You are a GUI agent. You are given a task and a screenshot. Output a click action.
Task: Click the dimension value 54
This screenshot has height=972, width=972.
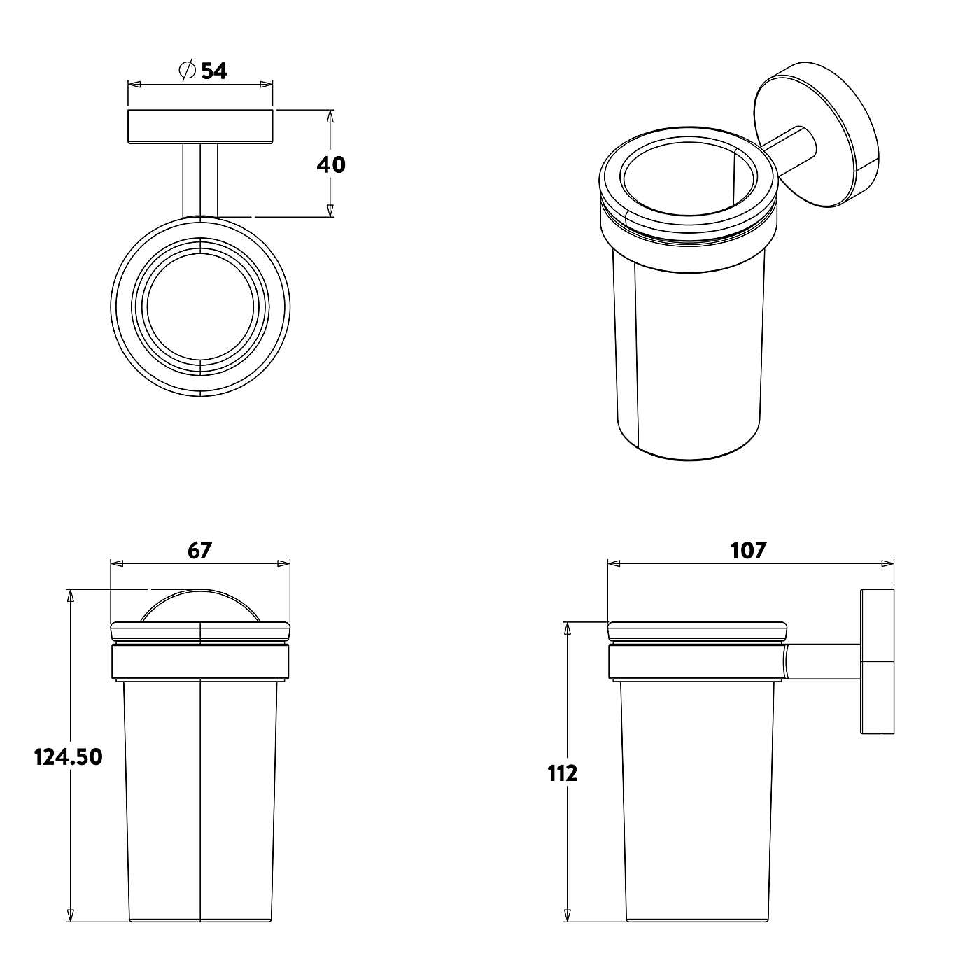point(214,71)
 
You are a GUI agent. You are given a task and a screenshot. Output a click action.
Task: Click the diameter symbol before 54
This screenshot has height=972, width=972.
point(186,71)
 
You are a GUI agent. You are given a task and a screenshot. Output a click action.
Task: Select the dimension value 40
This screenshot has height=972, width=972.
point(331,164)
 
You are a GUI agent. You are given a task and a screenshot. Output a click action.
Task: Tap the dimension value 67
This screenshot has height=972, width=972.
point(199,551)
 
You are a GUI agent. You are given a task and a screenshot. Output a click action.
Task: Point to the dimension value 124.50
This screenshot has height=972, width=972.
point(69,756)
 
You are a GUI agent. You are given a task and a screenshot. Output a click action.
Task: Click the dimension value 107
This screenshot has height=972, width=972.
point(749,551)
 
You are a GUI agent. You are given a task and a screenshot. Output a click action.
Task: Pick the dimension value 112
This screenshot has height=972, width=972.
point(563,773)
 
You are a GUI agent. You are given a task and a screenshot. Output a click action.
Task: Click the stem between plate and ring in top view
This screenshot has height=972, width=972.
point(200,181)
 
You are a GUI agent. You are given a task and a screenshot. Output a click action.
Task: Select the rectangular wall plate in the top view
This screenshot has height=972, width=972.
point(200,127)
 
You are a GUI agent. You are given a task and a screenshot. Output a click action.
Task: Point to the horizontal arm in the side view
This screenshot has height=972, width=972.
point(822,662)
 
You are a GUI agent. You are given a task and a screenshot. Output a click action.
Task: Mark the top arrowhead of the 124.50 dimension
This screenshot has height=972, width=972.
point(70,596)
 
